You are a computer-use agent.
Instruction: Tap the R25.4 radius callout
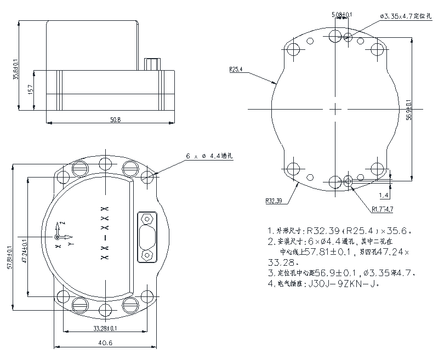coord(236,70)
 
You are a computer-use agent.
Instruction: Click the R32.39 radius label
coord(274,201)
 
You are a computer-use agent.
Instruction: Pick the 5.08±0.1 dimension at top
coord(339,15)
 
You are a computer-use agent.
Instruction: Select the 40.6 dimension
coord(106,343)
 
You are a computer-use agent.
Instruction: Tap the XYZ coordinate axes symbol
coord(61,236)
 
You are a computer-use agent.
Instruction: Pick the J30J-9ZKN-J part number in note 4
coord(340,284)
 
